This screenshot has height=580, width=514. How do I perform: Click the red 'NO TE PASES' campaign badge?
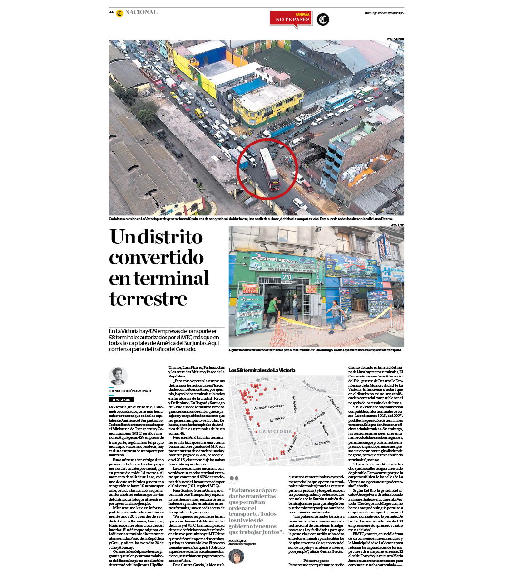pos(291,19)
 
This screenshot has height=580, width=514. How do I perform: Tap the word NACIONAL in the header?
pos(141,12)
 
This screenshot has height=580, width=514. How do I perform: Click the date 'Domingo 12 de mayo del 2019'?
pos(384,13)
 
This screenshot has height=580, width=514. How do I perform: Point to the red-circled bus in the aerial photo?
pos(270,169)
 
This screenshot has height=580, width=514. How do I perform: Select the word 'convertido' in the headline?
pos(157,257)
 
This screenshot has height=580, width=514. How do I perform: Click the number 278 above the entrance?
pos(287,277)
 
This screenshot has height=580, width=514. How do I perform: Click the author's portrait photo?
pos(118,376)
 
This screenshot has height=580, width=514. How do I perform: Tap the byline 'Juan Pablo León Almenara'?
pos(130,391)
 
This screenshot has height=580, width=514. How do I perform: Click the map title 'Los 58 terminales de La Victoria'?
pos(262,370)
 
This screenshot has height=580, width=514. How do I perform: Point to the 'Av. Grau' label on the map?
pos(262,379)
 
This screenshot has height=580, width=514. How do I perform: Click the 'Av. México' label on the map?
pos(277,419)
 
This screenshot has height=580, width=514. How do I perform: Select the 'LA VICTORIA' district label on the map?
pos(276,432)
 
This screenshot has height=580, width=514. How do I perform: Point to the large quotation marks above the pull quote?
pos(233,480)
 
